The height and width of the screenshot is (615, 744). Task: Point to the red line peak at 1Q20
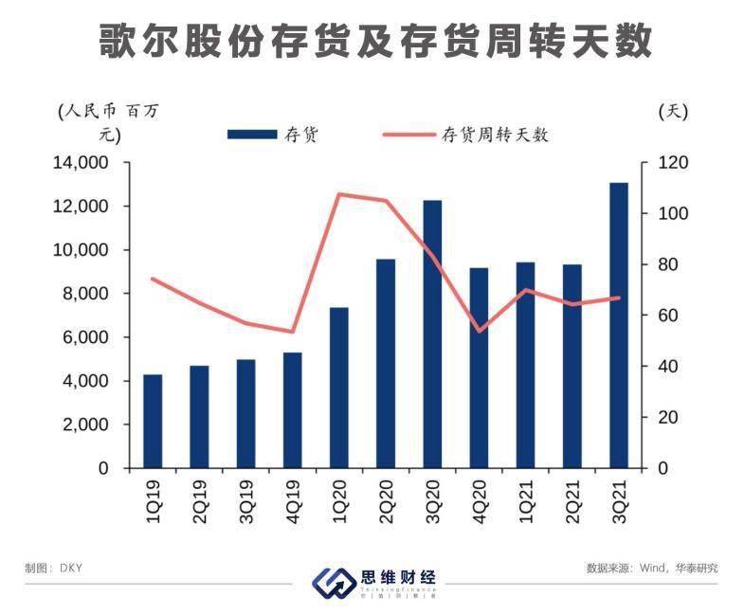pyautogui.click(x=339, y=194)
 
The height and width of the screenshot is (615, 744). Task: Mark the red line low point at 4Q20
pyautogui.click(x=479, y=332)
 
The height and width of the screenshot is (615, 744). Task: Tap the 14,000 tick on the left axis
pyautogui.click(x=83, y=163)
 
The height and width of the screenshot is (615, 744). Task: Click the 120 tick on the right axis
pyautogui.click(x=670, y=163)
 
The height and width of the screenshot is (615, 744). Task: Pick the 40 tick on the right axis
pyautogui.click(x=666, y=367)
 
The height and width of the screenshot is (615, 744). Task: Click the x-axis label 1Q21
pyautogui.click(x=525, y=498)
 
